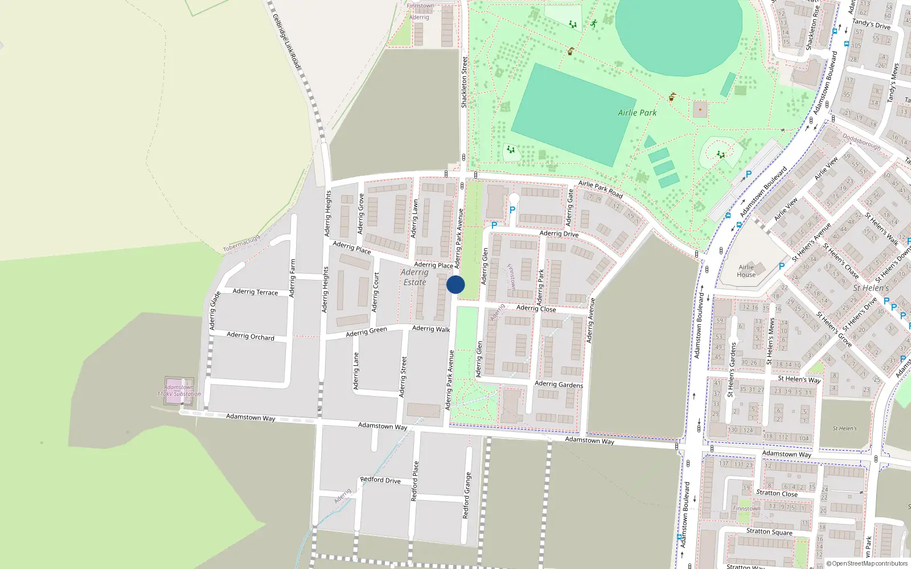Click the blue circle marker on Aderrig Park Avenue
tap(455, 284)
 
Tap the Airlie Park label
tap(637, 113)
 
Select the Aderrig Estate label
tap(415, 277)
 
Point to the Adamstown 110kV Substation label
tap(179, 390)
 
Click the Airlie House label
tap(746, 271)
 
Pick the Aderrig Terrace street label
tap(255, 292)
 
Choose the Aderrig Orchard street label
tap(251, 336)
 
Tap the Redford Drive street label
tap(380, 480)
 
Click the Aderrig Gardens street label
tap(559, 385)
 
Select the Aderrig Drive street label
tap(559, 233)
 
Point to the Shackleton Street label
tap(464, 82)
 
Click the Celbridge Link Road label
tap(286, 42)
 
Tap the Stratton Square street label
tap(769, 531)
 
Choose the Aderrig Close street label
tap(536, 308)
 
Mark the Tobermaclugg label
tap(241, 244)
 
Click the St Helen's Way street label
tap(799, 379)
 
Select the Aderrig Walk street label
tap(431, 328)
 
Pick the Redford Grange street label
tap(466, 495)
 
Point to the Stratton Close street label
tap(777, 493)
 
